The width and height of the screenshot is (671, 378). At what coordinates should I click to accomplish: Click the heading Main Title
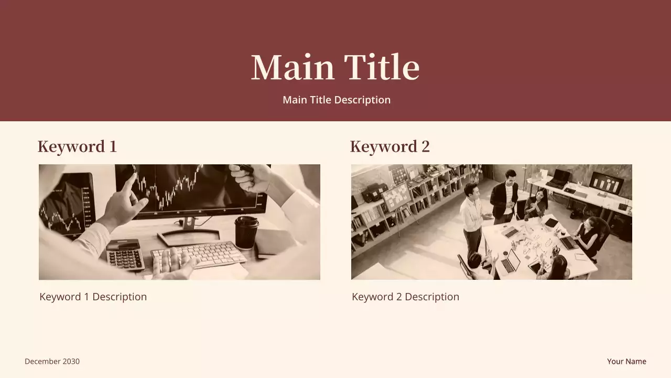click(x=335, y=67)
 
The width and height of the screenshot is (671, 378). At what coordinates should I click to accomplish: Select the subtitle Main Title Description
click(x=337, y=100)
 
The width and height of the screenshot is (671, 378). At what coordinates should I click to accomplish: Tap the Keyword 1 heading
click(x=77, y=146)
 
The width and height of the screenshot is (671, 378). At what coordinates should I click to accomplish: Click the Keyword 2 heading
click(x=389, y=146)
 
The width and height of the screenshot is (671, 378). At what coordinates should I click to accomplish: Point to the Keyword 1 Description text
click(x=93, y=297)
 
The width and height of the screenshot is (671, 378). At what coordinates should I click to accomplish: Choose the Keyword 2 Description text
click(x=405, y=297)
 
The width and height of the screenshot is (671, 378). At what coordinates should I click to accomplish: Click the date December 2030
click(x=52, y=361)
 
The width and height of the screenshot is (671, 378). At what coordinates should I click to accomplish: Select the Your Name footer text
click(x=626, y=361)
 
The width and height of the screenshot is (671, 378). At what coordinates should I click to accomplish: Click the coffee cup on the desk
click(x=246, y=232)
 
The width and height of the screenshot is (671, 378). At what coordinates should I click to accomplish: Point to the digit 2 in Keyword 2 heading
click(x=425, y=146)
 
